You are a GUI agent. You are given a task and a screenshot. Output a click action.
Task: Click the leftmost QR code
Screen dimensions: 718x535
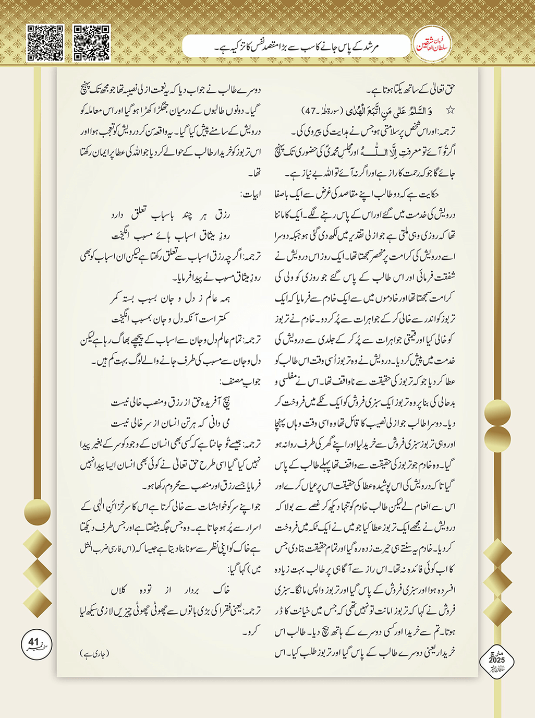click(x=45, y=43)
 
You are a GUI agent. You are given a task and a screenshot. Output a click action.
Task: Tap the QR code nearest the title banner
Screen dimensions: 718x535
click(x=92, y=43)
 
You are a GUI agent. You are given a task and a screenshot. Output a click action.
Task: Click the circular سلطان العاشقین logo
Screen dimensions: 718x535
click(x=432, y=46)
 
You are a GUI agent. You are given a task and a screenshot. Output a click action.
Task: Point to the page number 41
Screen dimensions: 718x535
click(x=34, y=642)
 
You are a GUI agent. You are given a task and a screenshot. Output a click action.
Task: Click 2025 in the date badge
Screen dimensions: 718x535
click(x=496, y=660)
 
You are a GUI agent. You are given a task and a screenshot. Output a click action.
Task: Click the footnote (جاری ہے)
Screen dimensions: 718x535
click(x=95, y=653)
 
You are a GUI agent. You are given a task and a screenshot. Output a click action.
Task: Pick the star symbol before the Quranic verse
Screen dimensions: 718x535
click(x=450, y=111)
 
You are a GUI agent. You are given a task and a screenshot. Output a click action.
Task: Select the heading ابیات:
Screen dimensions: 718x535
click(x=250, y=194)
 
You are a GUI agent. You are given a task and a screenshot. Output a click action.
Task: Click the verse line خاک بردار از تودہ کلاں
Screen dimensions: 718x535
click(x=170, y=590)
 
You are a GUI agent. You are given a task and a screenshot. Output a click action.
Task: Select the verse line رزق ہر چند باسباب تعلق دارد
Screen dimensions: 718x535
click(x=170, y=214)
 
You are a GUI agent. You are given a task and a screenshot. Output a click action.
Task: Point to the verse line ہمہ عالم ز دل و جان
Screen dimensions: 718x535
click(x=170, y=298)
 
